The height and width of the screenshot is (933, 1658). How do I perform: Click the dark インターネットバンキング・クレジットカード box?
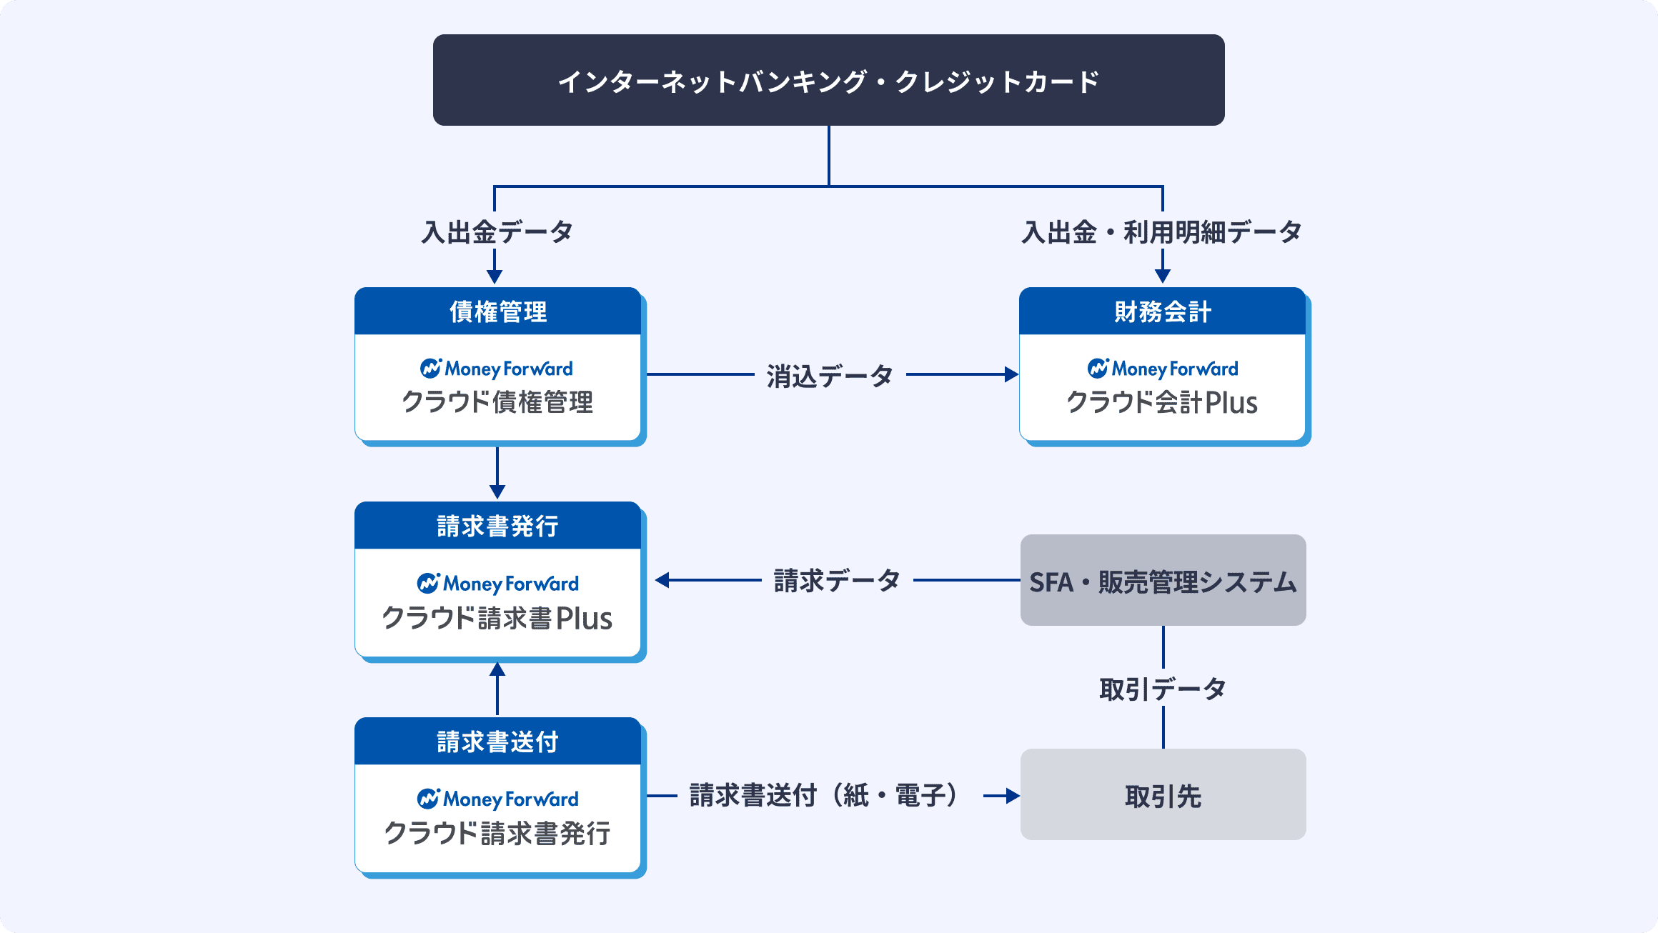[x=828, y=80]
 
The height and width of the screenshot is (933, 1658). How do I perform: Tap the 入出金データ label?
[x=497, y=232]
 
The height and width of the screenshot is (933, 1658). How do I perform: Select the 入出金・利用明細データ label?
[x=1162, y=232]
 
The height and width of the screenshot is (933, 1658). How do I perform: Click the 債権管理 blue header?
[x=497, y=311]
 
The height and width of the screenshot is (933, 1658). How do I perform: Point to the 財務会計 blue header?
[x=1162, y=311]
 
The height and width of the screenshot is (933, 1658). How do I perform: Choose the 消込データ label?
[x=830, y=376]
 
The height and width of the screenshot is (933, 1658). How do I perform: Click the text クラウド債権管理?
[x=497, y=402]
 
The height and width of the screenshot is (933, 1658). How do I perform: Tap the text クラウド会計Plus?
[x=1162, y=402]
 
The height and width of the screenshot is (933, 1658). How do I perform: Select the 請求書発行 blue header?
[x=497, y=526]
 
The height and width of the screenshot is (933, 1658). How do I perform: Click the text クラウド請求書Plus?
[x=497, y=618]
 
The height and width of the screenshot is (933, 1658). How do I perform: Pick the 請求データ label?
[x=837, y=581]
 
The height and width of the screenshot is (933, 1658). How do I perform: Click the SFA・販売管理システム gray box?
[x=1163, y=580]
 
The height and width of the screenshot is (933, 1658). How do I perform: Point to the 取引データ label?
[x=1163, y=689]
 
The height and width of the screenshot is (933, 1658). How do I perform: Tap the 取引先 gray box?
[x=1163, y=794]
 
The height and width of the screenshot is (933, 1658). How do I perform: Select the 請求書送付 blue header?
[x=497, y=742]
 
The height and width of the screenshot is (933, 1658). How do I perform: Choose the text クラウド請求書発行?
[x=497, y=834]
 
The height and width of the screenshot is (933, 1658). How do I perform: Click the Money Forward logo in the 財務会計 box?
[x=1163, y=369]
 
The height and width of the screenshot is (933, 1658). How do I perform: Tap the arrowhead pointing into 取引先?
[x=1013, y=796]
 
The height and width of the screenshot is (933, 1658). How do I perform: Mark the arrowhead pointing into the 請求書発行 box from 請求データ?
[x=662, y=580]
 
